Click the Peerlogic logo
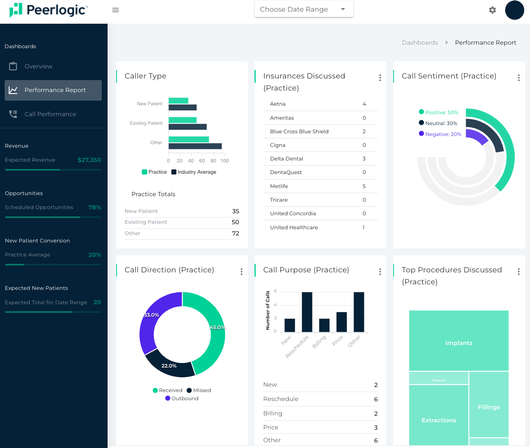tap(49, 10)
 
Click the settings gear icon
tap(492, 10)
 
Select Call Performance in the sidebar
tap(50, 114)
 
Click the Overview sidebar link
tap(38, 66)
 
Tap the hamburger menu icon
tap(115, 10)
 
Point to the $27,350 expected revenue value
tap(89, 160)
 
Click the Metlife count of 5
tap(364, 187)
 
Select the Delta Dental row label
tap(286, 159)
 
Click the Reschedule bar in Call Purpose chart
tap(307, 312)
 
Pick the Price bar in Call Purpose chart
tap(342, 322)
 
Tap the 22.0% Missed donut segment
tap(169, 366)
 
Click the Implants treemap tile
tap(459, 340)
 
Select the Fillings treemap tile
tap(488, 404)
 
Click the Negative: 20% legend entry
tap(443, 134)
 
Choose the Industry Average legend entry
tap(196, 172)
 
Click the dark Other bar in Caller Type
tap(195, 146)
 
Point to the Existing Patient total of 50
tap(235, 222)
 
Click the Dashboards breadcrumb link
tap(420, 43)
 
